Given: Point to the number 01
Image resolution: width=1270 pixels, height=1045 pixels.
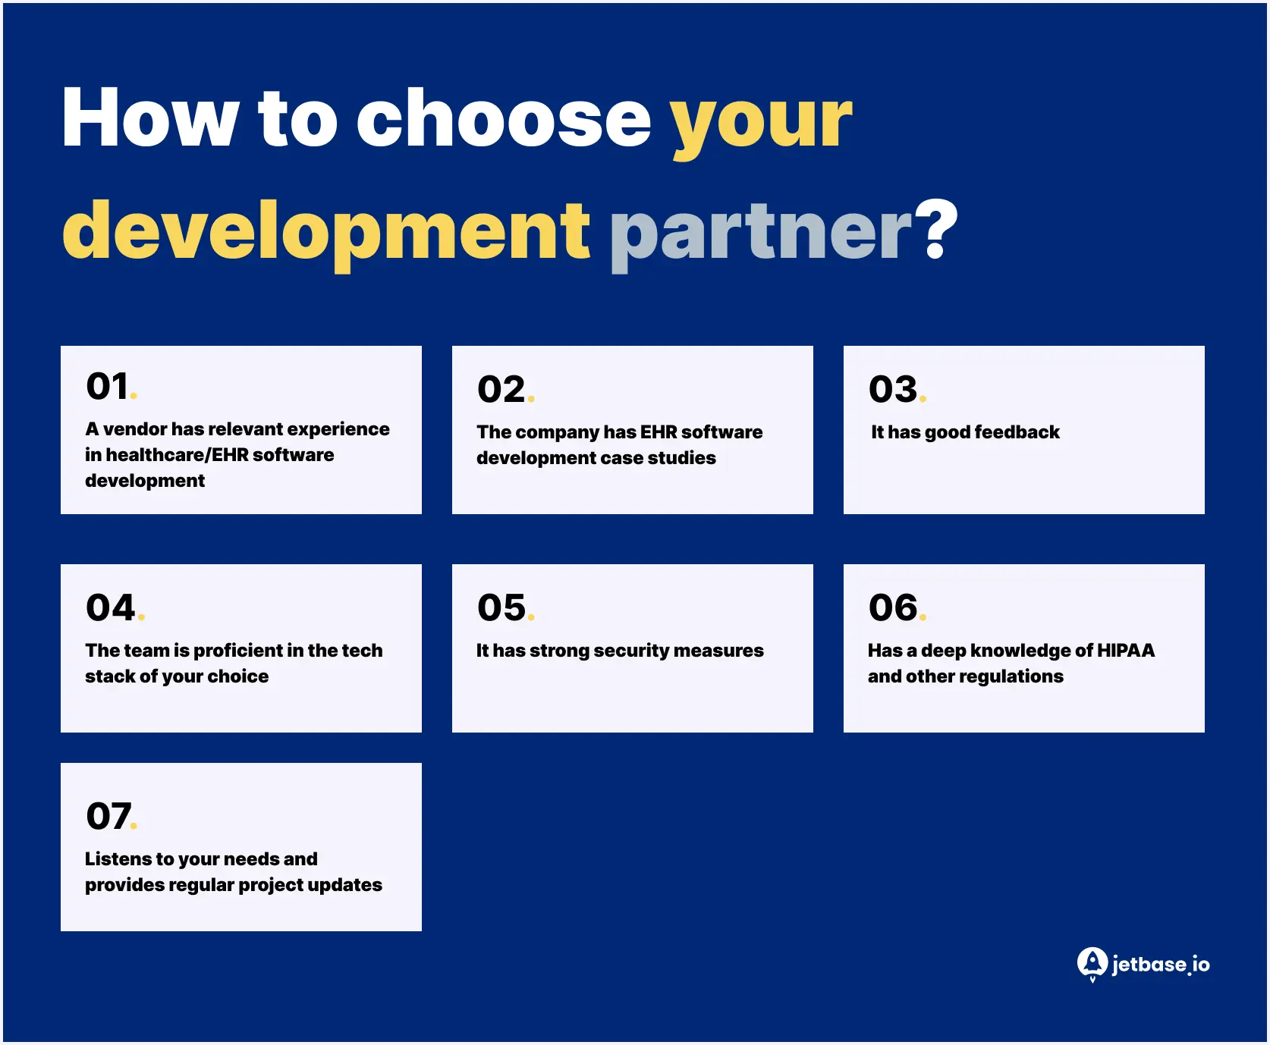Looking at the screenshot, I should (x=108, y=387).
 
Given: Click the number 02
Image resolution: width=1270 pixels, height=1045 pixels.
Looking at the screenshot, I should (x=501, y=390).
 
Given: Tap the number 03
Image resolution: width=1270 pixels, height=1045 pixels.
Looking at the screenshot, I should (x=893, y=390).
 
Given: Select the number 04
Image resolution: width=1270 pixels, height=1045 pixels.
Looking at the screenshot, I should (x=111, y=607).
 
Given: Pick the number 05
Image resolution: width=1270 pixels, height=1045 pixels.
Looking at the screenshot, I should (x=501, y=607).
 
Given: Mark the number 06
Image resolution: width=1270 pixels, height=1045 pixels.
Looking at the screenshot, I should (x=893, y=607).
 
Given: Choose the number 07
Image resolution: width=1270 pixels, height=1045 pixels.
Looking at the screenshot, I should (x=108, y=817).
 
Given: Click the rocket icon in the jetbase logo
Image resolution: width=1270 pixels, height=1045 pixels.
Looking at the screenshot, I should (x=1092, y=963).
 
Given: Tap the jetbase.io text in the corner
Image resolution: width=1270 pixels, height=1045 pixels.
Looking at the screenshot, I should (x=1161, y=965).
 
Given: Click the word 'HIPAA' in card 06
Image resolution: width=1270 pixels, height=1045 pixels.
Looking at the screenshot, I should (x=1126, y=651).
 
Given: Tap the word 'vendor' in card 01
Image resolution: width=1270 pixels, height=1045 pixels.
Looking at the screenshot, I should (x=134, y=429).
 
